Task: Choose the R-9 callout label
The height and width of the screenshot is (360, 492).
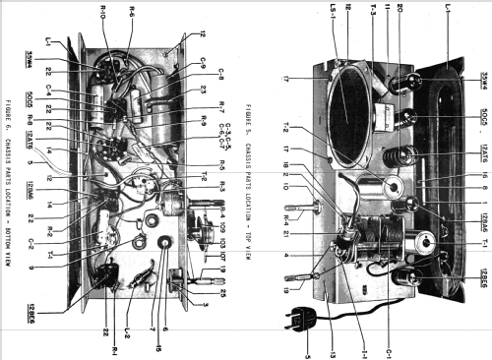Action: [x=225, y=122]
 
